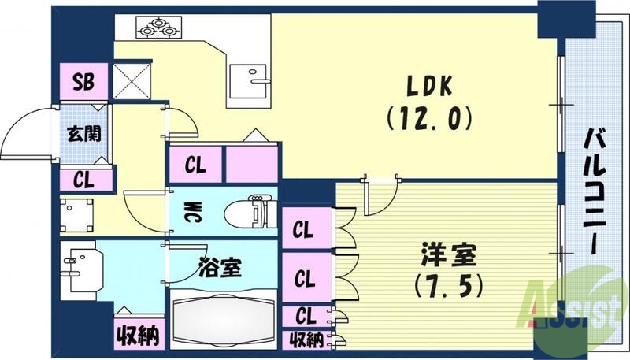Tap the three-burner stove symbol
[x=157, y=28]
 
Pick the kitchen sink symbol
[x=250, y=76]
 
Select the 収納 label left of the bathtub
[x=139, y=335]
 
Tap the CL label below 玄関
[x=84, y=179]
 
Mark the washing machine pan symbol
[x=77, y=213]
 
